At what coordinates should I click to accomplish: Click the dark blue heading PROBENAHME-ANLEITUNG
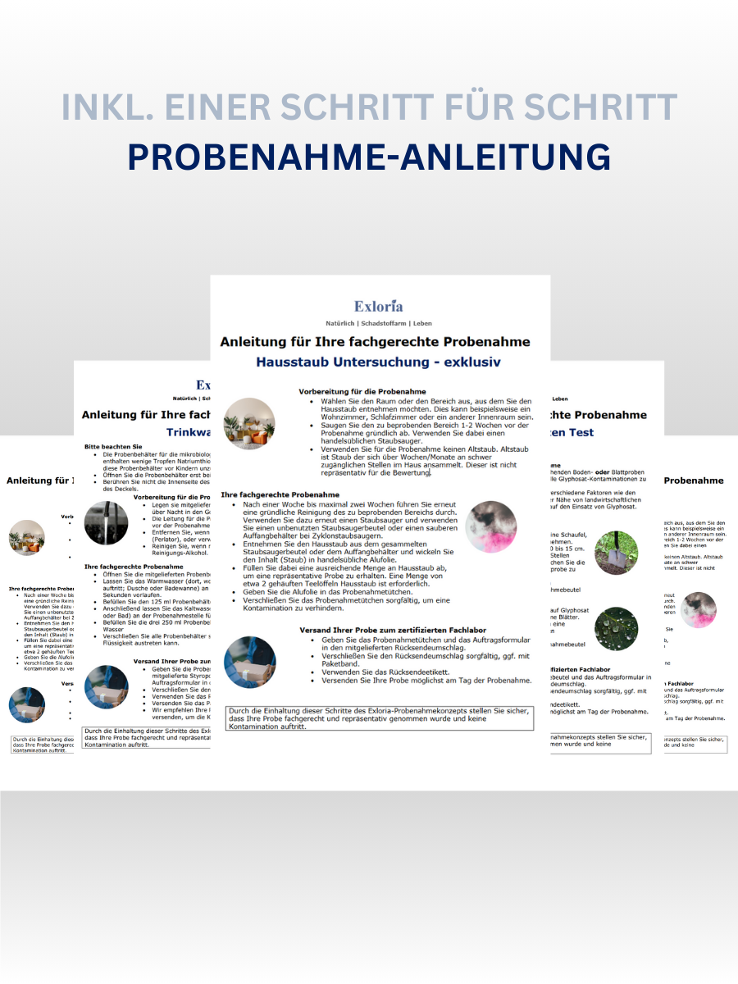click(369, 157)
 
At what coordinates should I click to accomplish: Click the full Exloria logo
click(378, 307)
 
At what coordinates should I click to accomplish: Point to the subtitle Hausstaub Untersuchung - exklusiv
click(378, 362)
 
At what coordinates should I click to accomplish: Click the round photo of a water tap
click(107, 523)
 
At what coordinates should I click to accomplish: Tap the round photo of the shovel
click(617, 551)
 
